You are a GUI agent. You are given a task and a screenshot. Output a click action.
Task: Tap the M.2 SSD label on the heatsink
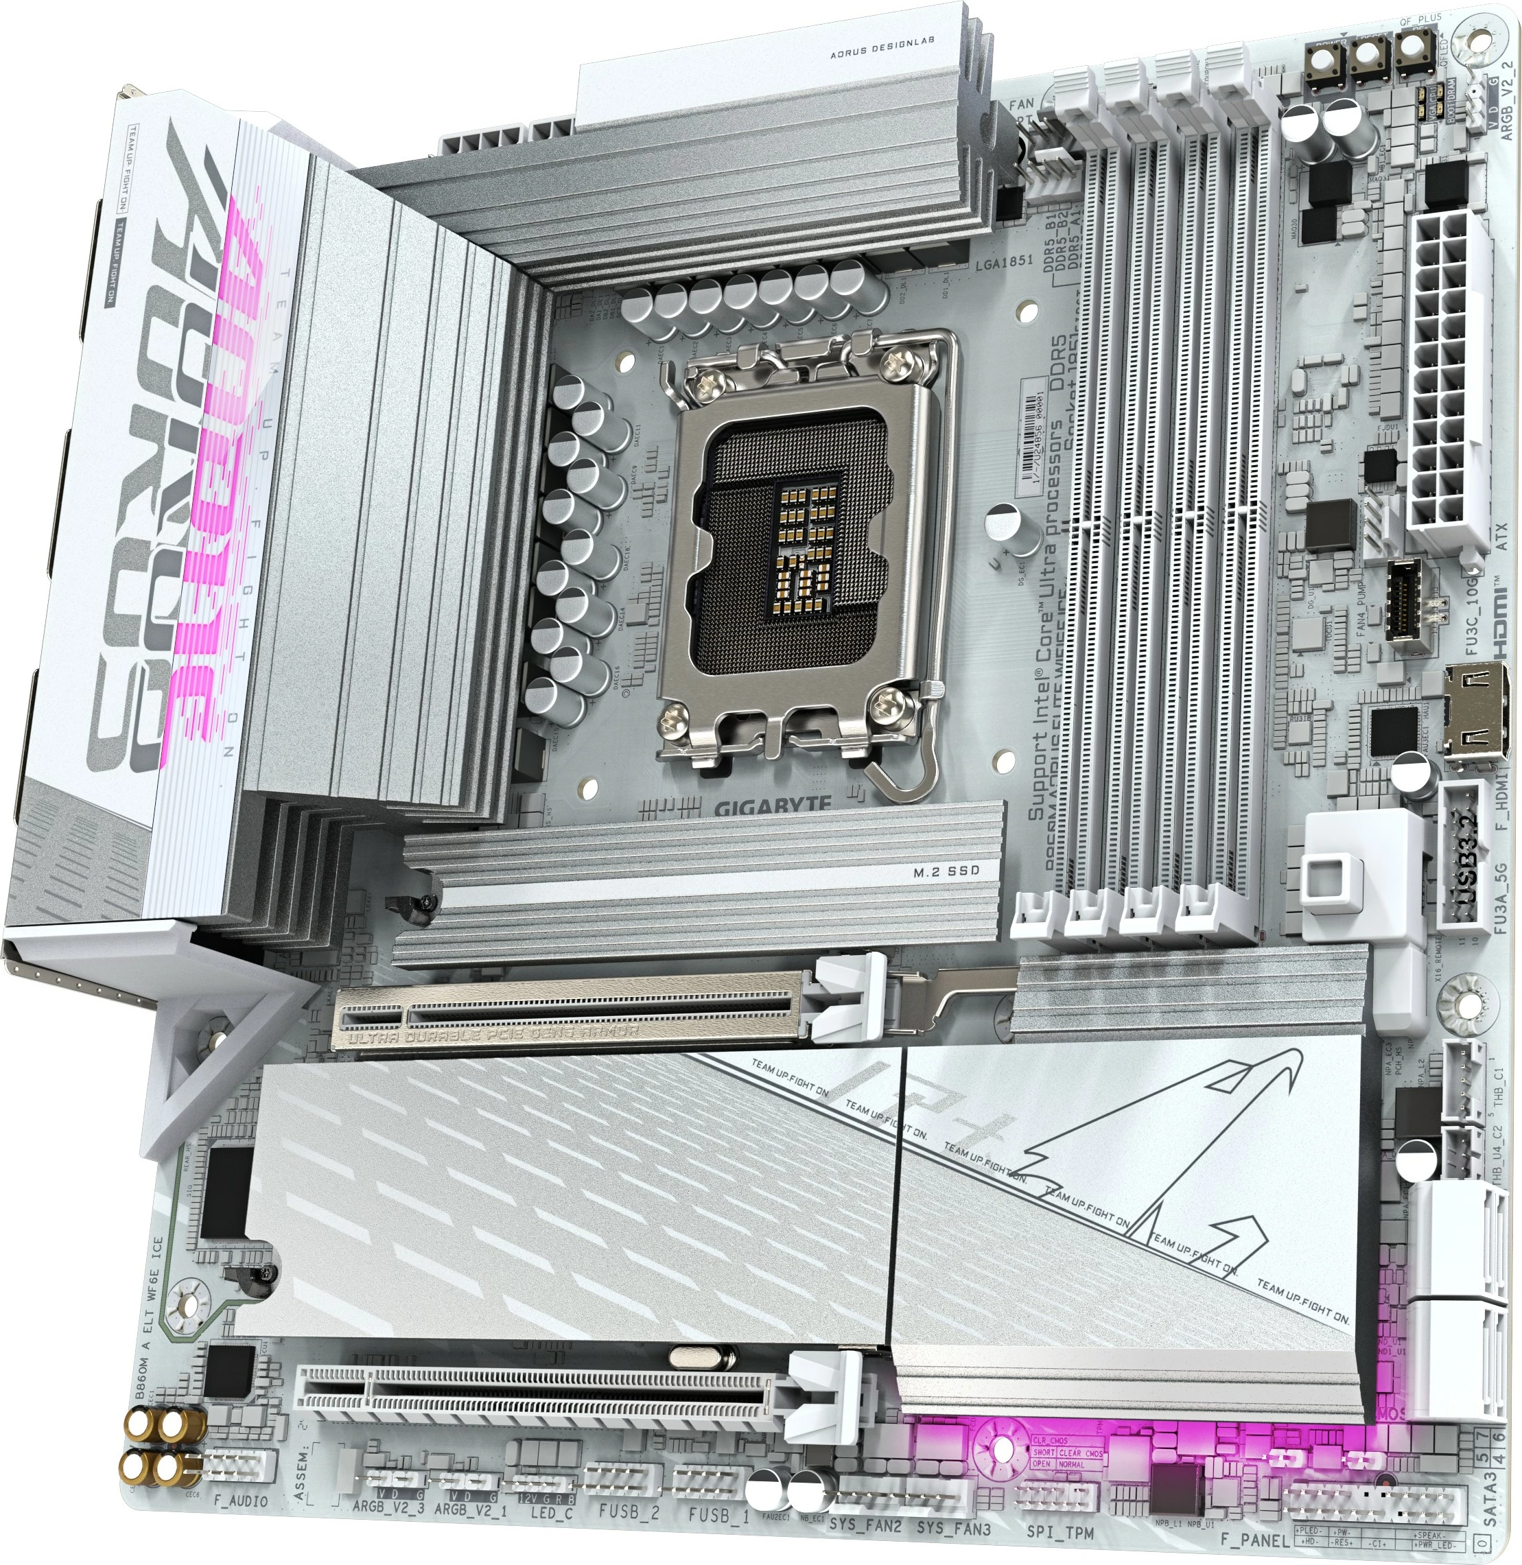[x=946, y=871]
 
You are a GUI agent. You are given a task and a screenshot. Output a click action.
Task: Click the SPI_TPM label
[x=1059, y=1532]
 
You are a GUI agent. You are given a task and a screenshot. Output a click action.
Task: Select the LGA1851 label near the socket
[x=1004, y=261]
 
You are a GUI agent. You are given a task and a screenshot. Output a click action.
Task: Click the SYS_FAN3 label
[x=953, y=1527]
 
